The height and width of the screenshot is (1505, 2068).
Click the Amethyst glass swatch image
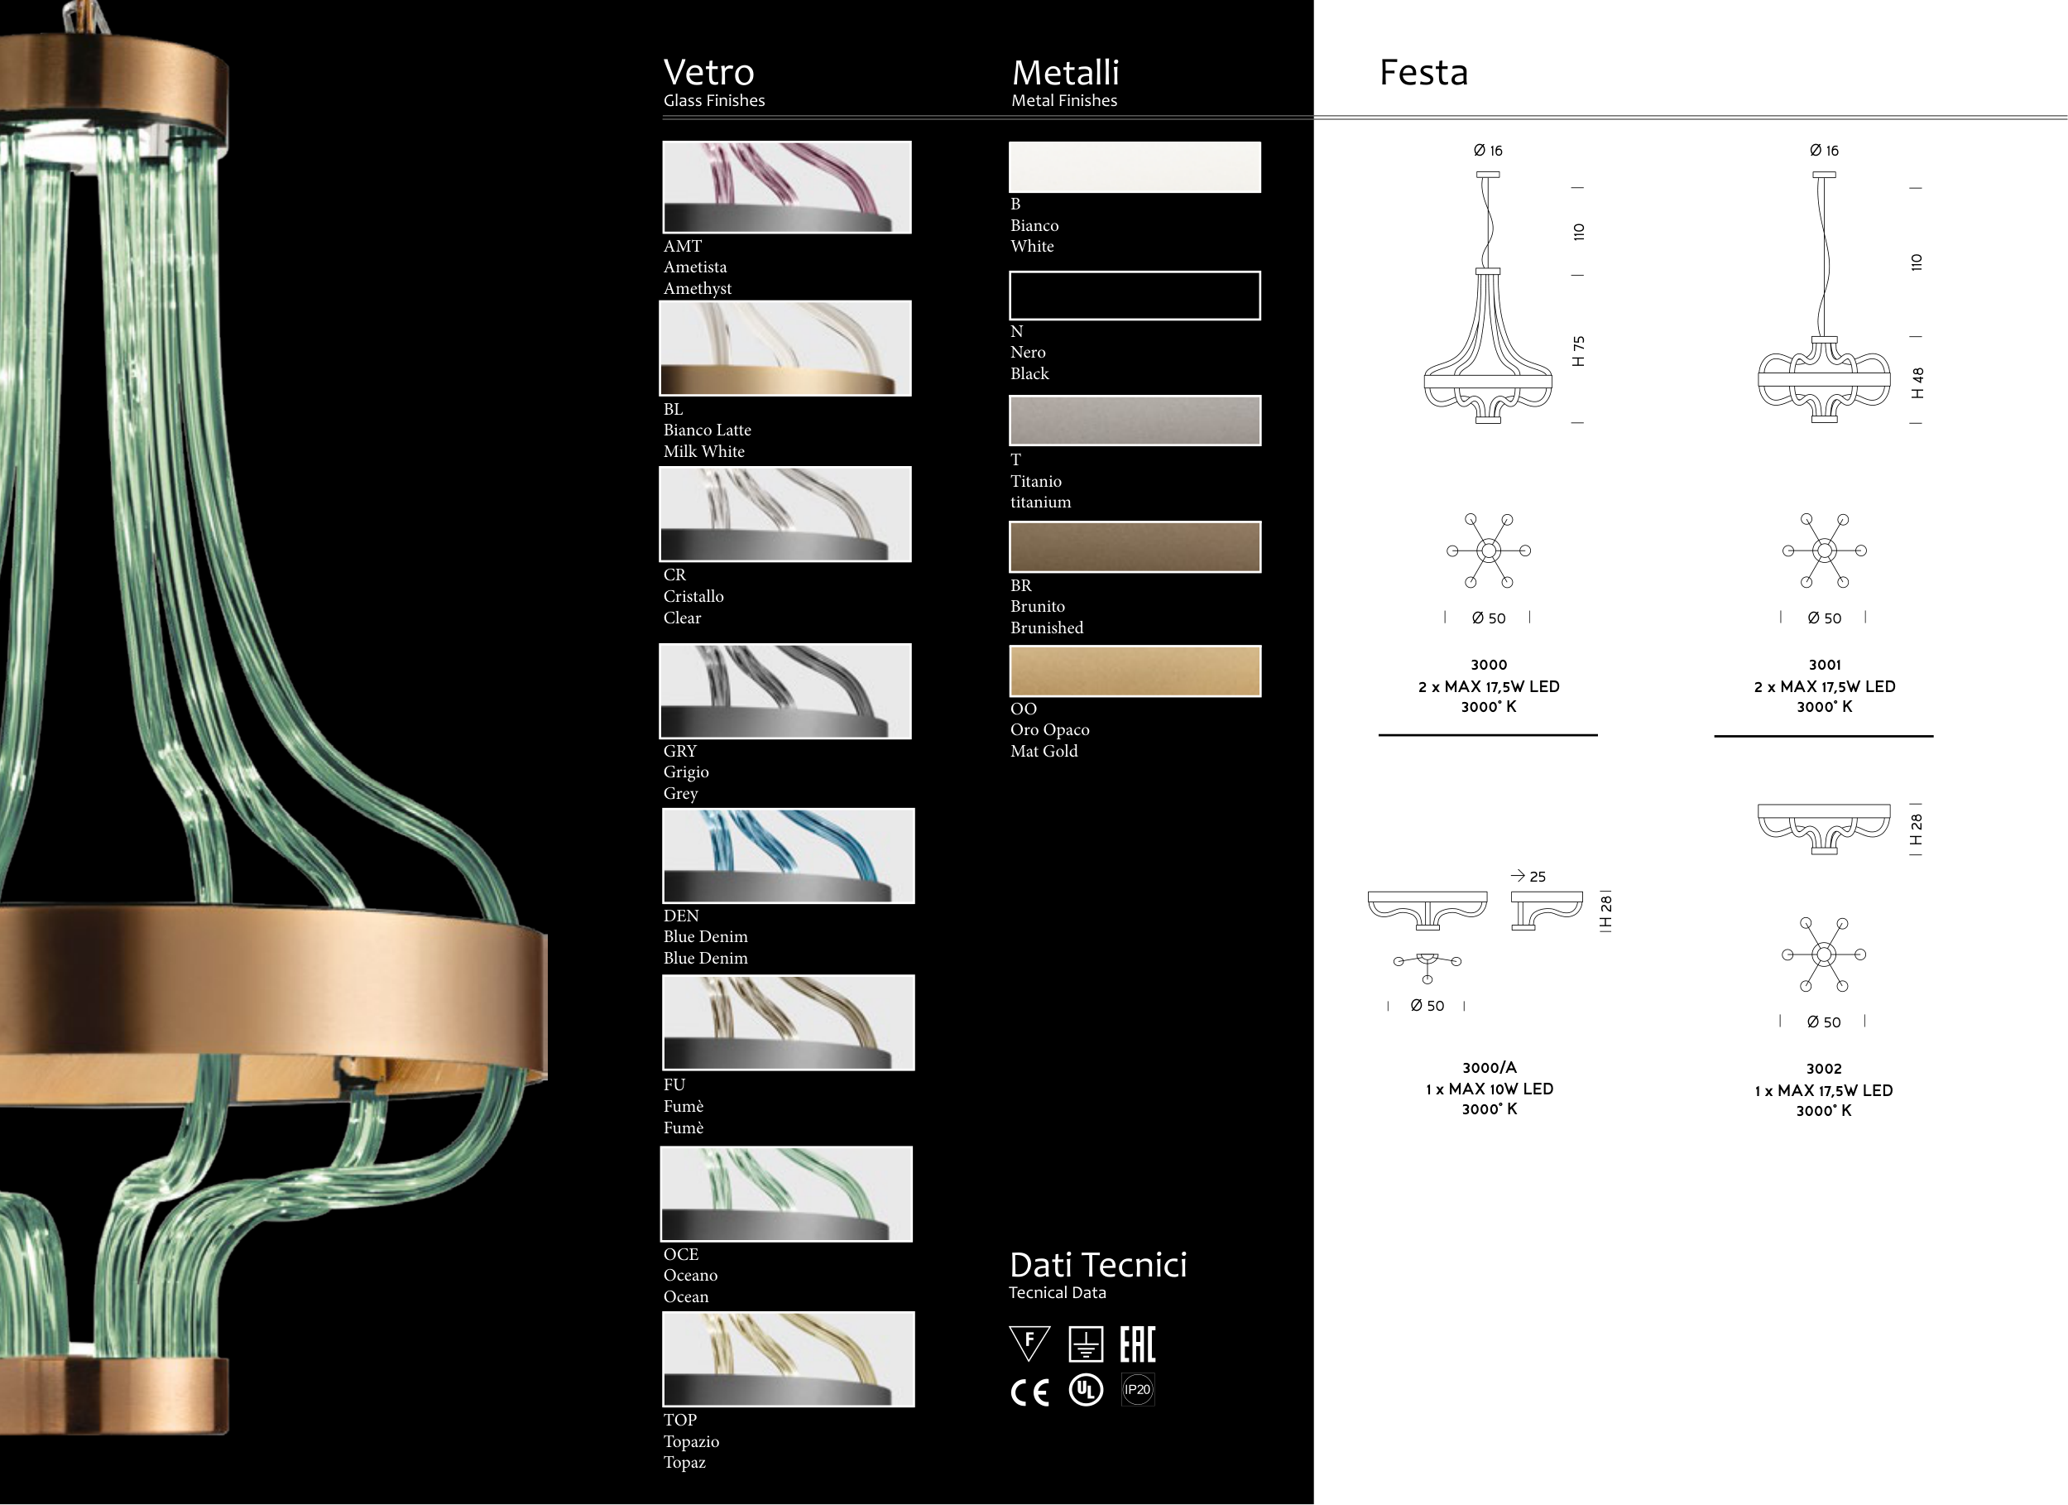[x=787, y=187]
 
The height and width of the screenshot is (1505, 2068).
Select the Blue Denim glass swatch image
[x=789, y=856]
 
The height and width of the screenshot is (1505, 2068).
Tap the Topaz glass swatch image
[x=789, y=1359]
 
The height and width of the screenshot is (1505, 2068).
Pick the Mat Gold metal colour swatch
[x=1135, y=671]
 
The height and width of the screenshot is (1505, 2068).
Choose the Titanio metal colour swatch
[x=1135, y=421]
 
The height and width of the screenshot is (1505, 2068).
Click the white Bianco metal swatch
[x=1135, y=167]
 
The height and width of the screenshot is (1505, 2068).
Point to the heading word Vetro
[x=708, y=72]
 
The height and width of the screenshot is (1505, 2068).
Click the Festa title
[x=1423, y=72]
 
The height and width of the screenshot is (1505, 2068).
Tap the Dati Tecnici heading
[x=1098, y=1264]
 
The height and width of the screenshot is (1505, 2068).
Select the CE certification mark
[x=1030, y=1392]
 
